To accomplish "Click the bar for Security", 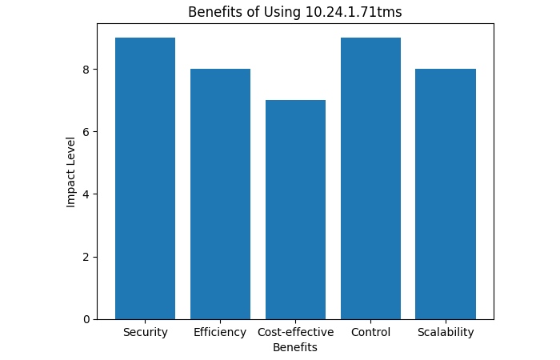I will (x=145, y=178).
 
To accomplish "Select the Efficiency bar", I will (x=220, y=194).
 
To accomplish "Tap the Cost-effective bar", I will (x=295, y=210).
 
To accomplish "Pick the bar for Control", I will (x=370, y=178).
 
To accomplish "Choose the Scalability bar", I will (x=446, y=194).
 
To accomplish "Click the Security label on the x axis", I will (x=145, y=332).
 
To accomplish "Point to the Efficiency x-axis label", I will (x=220, y=332).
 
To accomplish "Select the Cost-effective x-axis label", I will (x=295, y=332).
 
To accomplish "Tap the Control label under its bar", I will (x=370, y=332).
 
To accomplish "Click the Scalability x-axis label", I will (x=446, y=332).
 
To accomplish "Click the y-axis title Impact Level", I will (x=70, y=171).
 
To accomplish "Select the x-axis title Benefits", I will (x=294, y=347).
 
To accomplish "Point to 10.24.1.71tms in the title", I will (x=353, y=12).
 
